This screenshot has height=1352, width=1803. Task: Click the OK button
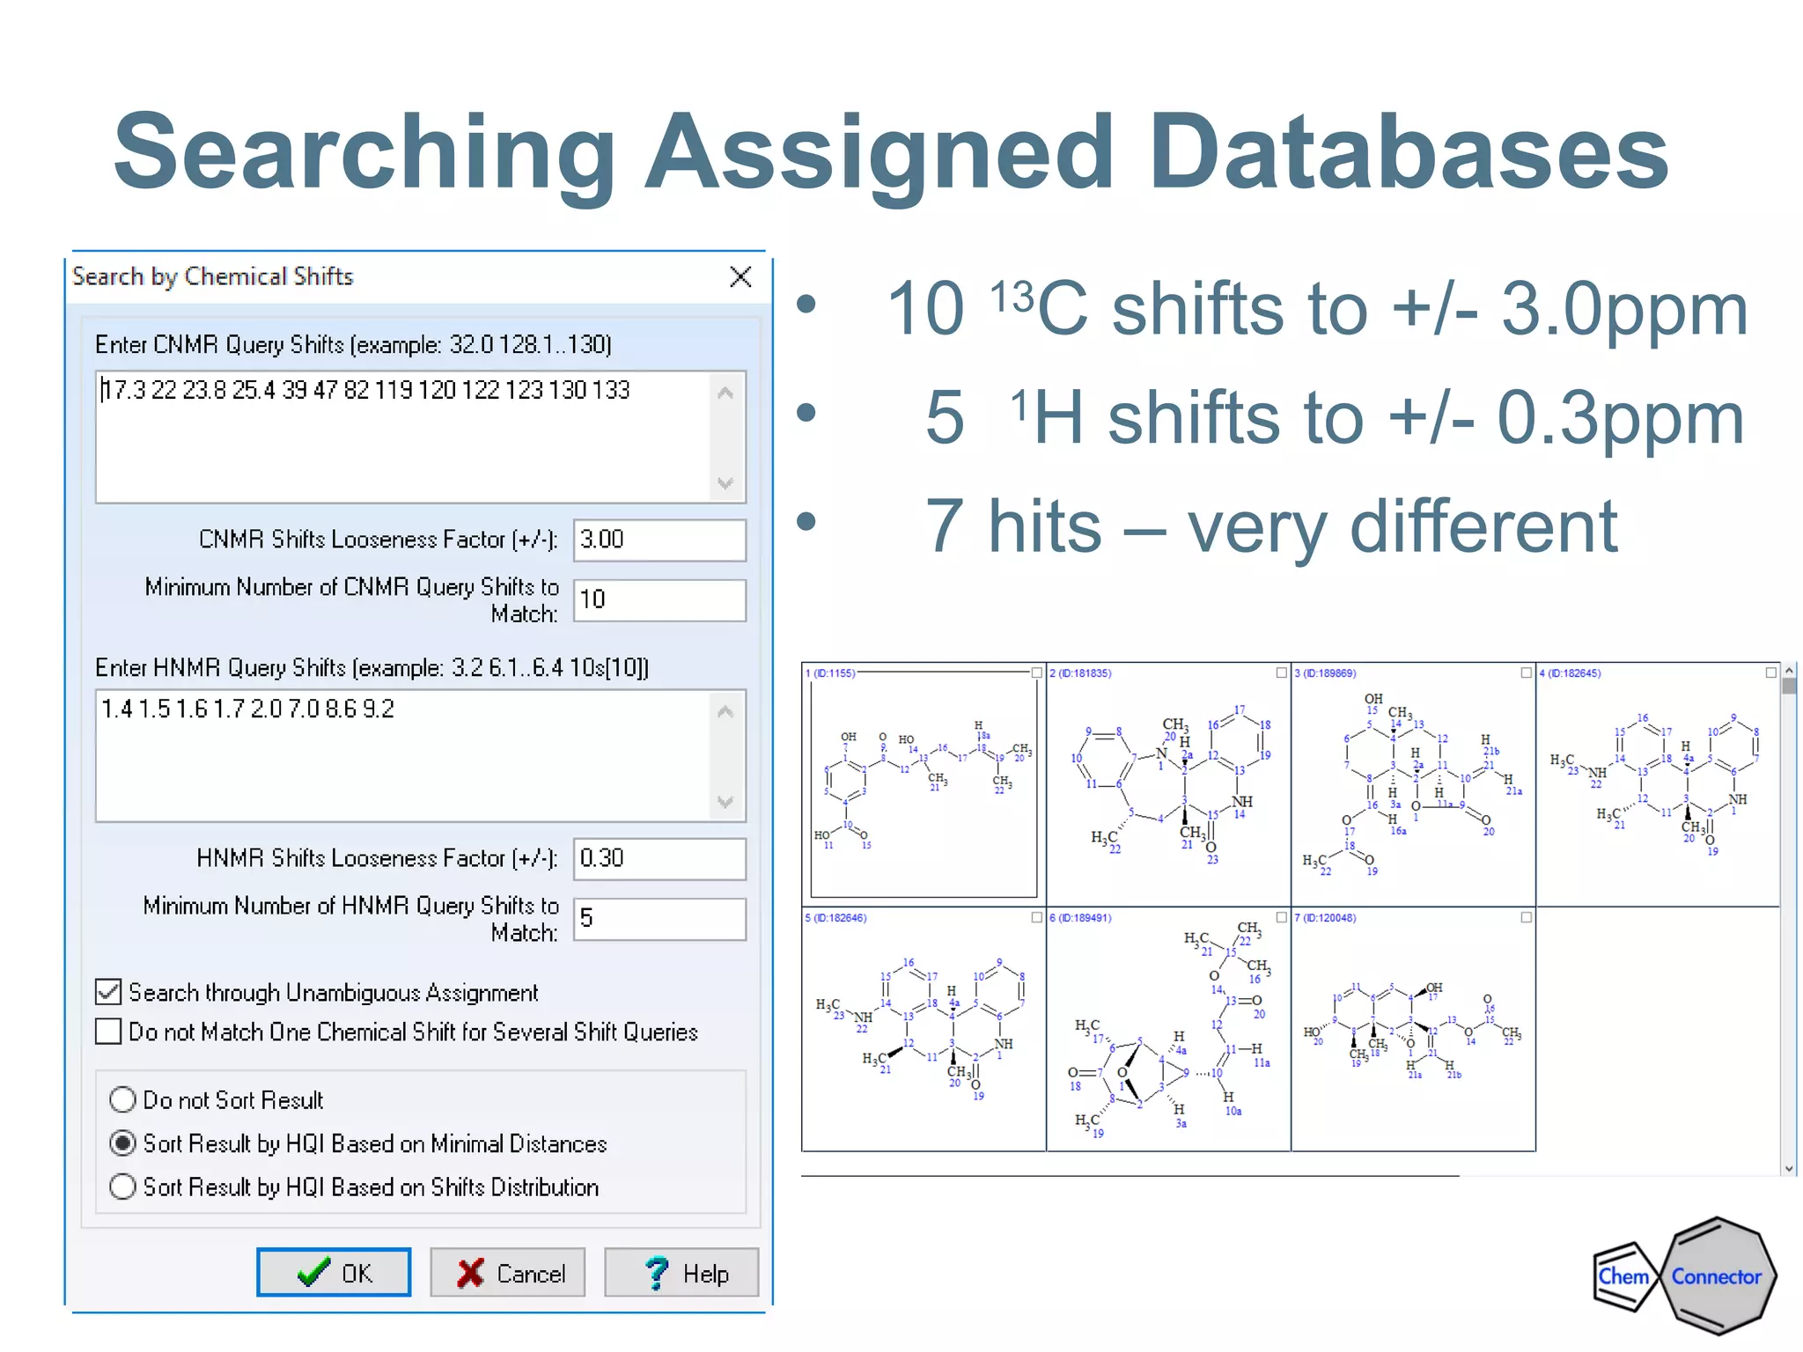pyautogui.click(x=334, y=1273)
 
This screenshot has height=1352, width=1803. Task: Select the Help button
pyautogui.click(x=681, y=1273)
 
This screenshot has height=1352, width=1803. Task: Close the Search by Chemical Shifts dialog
pyautogui.click(x=740, y=277)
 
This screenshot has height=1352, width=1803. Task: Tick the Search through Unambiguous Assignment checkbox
pyautogui.click(x=109, y=992)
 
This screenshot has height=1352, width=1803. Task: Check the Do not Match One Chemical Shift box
pyautogui.click(x=109, y=1032)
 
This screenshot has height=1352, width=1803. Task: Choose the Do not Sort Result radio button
pyautogui.click(x=123, y=1099)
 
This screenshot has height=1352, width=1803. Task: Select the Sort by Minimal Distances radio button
pyautogui.click(x=123, y=1143)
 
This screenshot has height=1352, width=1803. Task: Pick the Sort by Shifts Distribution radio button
pyautogui.click(x=123, y=1187)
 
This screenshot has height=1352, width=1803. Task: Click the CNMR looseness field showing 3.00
pyautogui.click(x=659, y=540)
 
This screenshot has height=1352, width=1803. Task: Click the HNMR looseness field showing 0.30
pyautogui.click(x=659, y=858)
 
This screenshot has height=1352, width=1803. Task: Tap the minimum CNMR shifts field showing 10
pyautogui.click(x=659, y=600)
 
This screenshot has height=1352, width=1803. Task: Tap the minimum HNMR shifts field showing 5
pyautogui.click(x=659, y=919)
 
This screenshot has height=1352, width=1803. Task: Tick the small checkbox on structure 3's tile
pyautogui.click(x=1526, y=672)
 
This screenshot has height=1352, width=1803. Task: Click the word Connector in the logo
pyautogui.click(x=1716, y=1276)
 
